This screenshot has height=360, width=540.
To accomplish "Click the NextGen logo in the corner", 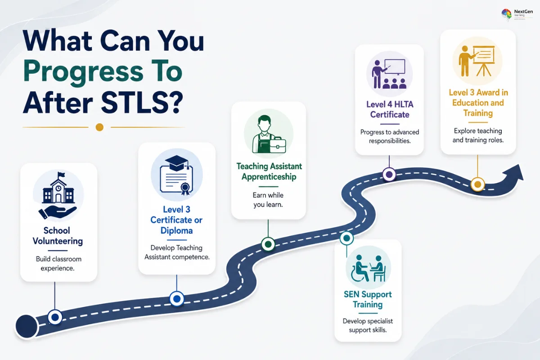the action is coord(517,14).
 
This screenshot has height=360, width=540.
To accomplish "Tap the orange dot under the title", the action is coord(99,127).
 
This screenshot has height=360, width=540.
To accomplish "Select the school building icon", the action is coord(58,188).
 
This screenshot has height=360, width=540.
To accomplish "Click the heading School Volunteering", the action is coord(58,236).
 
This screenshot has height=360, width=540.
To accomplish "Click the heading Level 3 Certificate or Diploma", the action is coord(176,220).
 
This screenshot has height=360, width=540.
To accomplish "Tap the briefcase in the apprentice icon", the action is coord(278,145).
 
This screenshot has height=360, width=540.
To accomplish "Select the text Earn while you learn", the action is coord(268,200).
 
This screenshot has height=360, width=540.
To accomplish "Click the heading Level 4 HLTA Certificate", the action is coord(390,109).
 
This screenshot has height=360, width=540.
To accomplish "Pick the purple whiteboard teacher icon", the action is coord(389,74).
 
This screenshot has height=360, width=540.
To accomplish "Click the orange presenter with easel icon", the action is coord(477,61).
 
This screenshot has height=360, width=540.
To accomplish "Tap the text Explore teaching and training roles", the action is coord(478,135).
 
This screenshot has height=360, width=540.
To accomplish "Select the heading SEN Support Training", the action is coord(368,299).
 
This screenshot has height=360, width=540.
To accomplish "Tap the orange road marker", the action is coord(477,184).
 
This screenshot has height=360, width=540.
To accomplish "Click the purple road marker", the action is coord(389,174).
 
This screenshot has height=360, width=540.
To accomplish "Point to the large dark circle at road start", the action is coord(27,326).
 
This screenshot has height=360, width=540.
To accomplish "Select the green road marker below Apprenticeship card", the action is coord(268,244).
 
